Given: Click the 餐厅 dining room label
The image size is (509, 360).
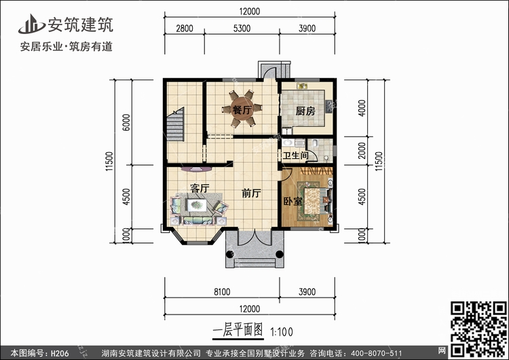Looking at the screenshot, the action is point(242,110).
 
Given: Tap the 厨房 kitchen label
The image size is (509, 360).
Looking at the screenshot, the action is point(305,111).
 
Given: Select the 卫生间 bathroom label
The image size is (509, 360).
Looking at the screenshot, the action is point(295,156).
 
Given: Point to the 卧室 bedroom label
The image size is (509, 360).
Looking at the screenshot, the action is point(293,202).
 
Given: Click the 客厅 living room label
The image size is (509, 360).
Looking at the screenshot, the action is point(200,188).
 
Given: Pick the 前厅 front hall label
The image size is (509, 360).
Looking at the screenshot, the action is point(252,194).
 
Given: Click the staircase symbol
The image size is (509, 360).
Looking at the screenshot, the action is point(176,124).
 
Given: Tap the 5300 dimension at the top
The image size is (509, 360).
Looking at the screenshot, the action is point(242,29).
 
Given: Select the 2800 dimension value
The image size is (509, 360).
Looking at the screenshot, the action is point(185,29).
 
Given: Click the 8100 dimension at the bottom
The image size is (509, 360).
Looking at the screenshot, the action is point(222,292).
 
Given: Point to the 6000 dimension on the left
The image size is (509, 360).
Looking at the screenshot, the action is point(126,122).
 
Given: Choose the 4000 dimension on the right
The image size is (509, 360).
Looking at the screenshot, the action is point(362,108).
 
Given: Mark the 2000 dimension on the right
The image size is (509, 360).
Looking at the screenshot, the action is point(362,150).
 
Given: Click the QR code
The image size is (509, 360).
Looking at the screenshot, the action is point(478,328).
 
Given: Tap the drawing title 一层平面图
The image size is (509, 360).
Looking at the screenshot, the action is point(238,330).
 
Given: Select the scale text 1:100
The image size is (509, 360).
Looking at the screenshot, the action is point(282,331).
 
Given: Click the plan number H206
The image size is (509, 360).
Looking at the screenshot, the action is point(60,353).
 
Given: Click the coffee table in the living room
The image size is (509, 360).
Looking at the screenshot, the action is point(197,205).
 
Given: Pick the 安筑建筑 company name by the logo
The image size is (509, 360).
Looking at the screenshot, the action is point(81,24).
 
